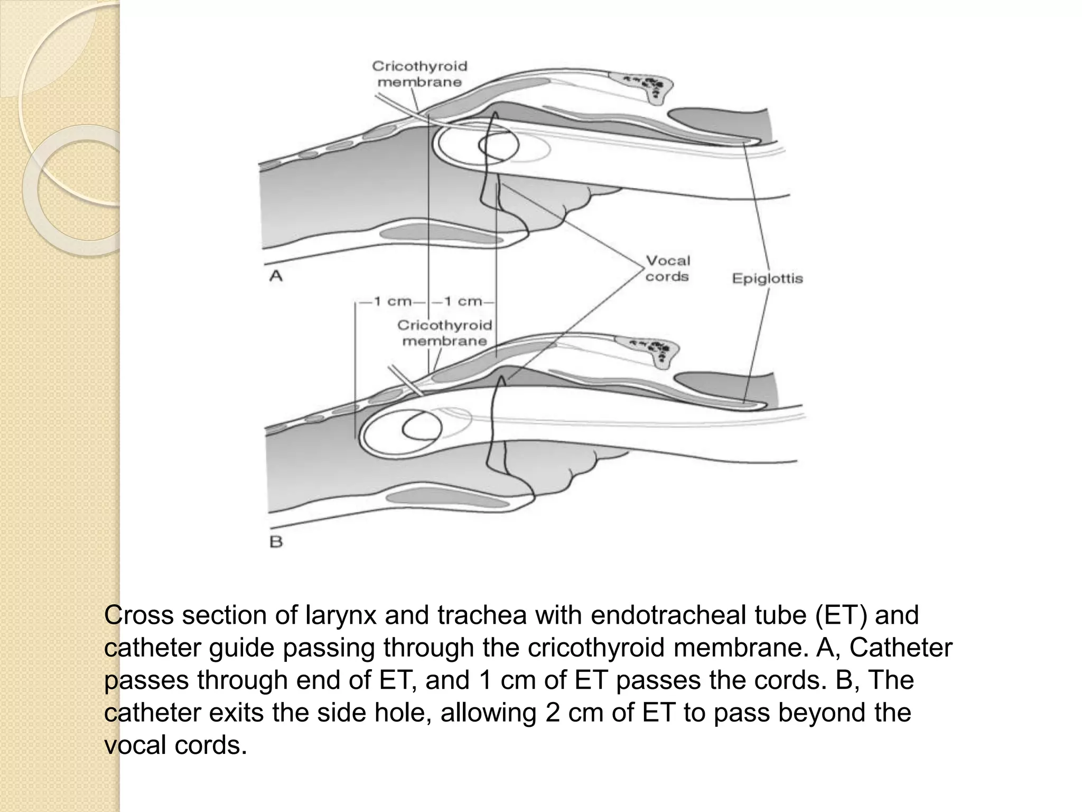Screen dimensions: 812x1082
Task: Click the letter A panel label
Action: [276, 275]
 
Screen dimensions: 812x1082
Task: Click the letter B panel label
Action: [276, 542]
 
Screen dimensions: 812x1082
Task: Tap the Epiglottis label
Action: [767, 279]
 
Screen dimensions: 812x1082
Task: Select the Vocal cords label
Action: [668, 269]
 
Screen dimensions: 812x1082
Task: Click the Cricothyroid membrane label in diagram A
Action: [420, 74]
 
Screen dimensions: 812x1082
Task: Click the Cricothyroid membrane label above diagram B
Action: [444, 333]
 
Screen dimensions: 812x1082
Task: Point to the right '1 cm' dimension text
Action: [463, 302]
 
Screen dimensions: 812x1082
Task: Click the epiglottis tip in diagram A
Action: [753, 141]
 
